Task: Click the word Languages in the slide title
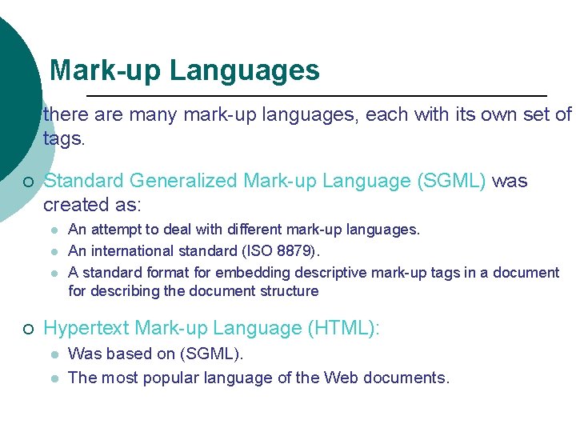[x=245, y=71]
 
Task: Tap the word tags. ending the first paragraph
[x=63, y=138]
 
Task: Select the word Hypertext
[x=86, y=328]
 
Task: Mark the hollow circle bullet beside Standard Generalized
[x=28, y=182]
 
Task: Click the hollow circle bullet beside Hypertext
[x=28, y=329]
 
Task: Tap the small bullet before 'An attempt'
[x=54, y=230]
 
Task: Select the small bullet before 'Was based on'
[x=54, y=354]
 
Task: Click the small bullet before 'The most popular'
[x=54, y=378]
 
